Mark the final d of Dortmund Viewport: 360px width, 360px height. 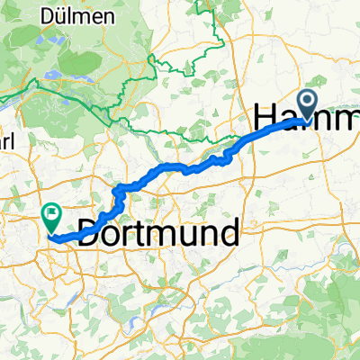pos(230,232)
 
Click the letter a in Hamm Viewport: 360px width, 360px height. pos(292,121)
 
